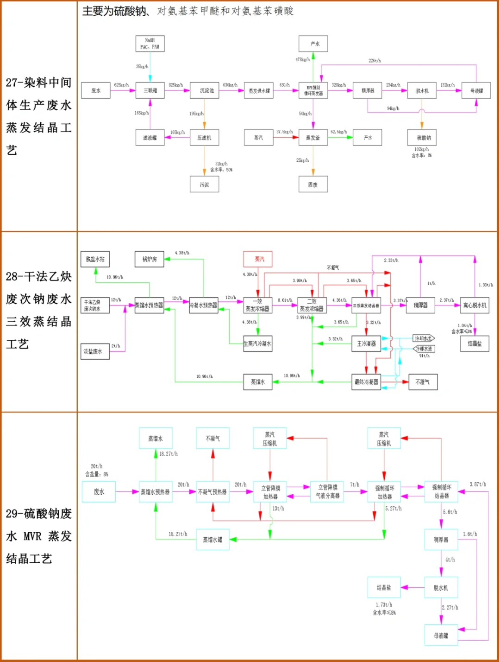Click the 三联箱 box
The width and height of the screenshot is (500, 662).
(x=150, y=90)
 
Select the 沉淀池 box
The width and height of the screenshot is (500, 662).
(x=204, y=90)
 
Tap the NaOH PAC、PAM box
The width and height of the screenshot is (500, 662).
(x=150, y=44)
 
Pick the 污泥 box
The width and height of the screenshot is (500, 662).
(x=204, y=185)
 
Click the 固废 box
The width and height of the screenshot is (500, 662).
(x=313, y=185)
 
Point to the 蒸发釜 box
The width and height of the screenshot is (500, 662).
(x=313, y=138)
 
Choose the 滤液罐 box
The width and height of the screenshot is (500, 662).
(x=150, y=138)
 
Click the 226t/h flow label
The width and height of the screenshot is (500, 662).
(x=375, y=61)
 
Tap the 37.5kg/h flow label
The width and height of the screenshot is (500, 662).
(x=284, y=132)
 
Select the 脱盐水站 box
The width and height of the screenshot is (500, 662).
(x=95, y=259)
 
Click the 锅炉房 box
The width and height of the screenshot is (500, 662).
(x=150, y=259)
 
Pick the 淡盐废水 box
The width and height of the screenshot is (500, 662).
(x=95, y=351)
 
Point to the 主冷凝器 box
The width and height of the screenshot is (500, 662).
(x=366, y=344)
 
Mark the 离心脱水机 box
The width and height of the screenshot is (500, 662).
(x=475, y=306)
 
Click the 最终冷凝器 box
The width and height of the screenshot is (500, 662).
(x=366, y=382)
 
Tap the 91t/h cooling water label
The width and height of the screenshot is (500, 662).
(x=424, y=356)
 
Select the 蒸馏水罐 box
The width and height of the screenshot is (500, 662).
(x=212, y=540)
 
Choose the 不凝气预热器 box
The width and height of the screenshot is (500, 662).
(x=212, y=492)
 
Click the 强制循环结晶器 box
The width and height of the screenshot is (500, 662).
(x=441, y=492)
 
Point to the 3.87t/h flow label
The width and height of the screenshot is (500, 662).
(x=478, y=484)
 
